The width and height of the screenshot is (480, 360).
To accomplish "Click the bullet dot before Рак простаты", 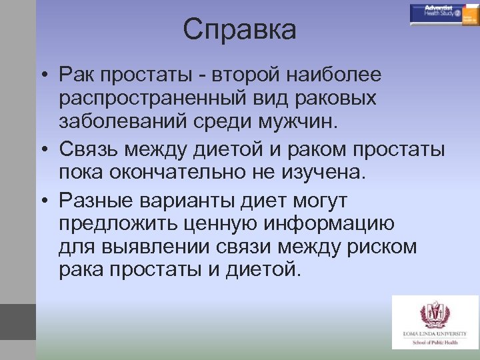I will pos(42,73).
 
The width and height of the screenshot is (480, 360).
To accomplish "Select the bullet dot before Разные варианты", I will pos(42,200).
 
